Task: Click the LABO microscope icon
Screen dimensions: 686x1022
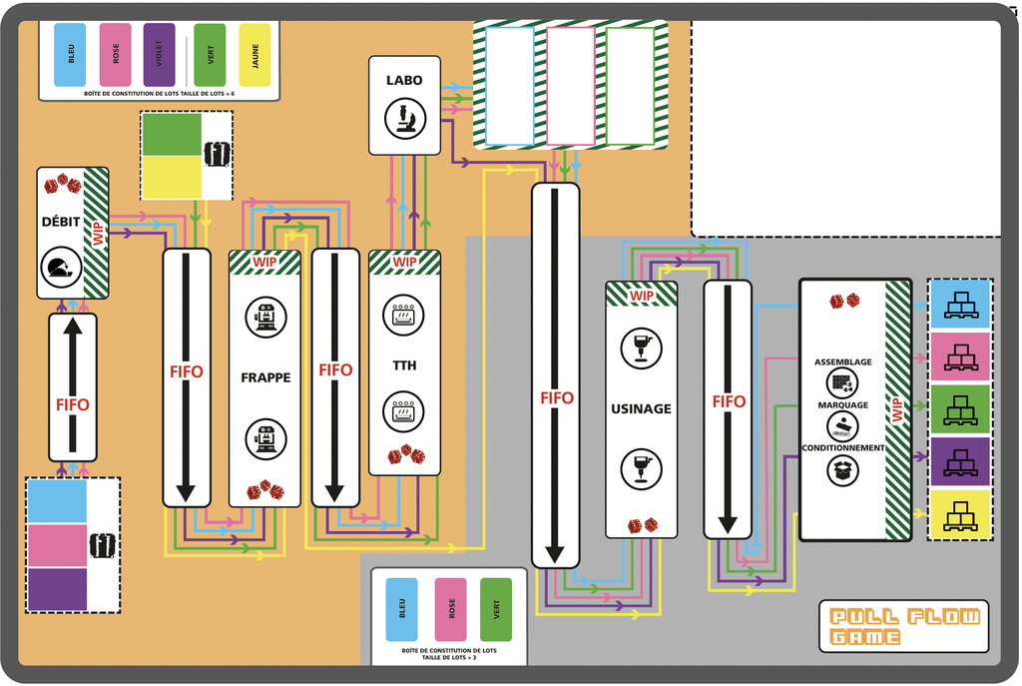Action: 404,119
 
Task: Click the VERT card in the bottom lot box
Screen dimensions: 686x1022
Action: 496,609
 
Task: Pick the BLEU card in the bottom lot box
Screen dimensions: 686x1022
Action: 401,609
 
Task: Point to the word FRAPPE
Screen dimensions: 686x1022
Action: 265,378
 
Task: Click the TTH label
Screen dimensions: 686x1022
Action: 404,365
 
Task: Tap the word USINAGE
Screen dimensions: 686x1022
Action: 641,408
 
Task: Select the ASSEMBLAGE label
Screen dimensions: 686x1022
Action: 842,361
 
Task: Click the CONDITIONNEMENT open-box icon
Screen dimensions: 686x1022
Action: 843,470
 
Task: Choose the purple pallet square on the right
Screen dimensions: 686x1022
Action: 959,462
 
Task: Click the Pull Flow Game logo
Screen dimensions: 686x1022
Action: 904,627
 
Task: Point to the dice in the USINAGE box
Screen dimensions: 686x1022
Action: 642,525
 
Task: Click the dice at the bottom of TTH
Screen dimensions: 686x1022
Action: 406,456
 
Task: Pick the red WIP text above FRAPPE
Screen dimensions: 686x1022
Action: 264,262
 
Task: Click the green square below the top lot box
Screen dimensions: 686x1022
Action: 171,135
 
